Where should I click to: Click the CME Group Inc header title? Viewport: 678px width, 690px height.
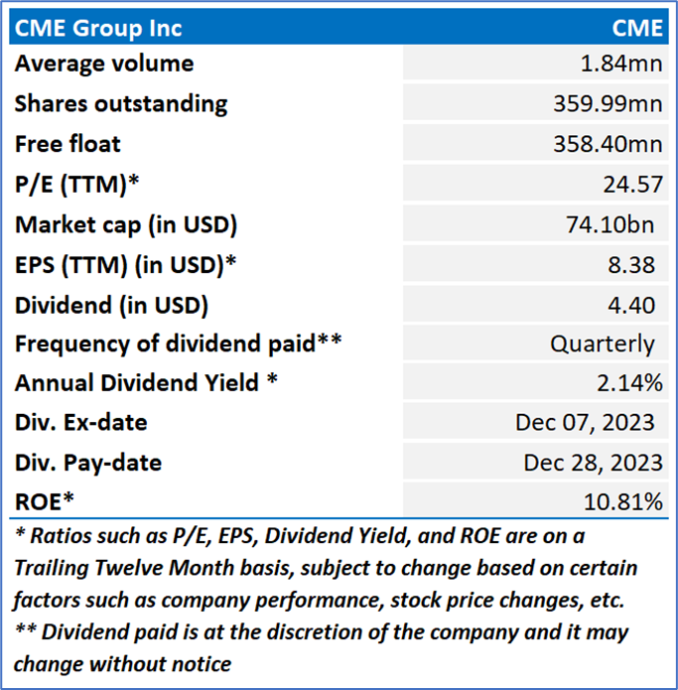coord(98,27)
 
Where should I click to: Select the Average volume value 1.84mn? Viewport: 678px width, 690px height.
coord(622,65)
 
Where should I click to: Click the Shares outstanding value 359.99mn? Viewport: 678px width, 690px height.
coord(608,104)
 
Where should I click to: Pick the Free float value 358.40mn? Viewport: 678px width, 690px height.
coord(608,144)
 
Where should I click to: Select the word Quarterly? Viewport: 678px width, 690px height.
coord(603,344)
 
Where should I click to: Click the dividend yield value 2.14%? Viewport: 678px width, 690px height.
coord(630,383)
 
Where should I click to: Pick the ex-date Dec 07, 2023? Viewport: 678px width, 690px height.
coord(585,423)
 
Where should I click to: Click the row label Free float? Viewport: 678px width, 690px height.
coord(68,144)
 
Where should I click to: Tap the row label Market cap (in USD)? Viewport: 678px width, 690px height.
coord(126,224)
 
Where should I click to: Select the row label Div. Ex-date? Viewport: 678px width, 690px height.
coord(80,423)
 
